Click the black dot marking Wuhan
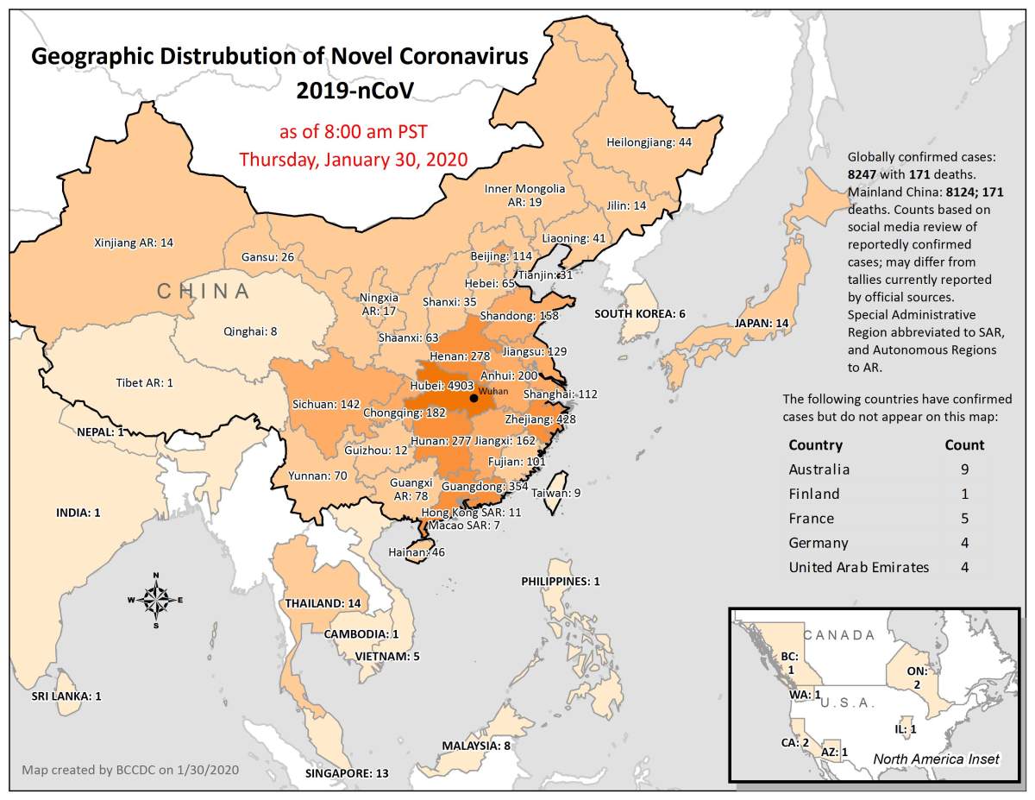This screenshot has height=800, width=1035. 473,398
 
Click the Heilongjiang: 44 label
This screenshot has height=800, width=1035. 649,142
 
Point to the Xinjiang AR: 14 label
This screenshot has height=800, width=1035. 134,243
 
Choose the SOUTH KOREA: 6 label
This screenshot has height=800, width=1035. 640,313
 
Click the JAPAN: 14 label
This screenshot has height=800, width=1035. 761,324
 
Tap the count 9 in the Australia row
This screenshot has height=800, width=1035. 964,469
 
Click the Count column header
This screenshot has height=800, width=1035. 964,445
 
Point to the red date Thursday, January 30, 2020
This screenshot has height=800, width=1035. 353,159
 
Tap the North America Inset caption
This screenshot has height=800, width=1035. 936,759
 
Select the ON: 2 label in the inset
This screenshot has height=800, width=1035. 917,677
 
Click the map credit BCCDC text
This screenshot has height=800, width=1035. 130,769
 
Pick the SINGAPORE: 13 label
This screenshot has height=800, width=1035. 347,773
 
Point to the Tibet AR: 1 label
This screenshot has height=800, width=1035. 144,382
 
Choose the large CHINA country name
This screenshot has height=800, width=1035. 204,291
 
